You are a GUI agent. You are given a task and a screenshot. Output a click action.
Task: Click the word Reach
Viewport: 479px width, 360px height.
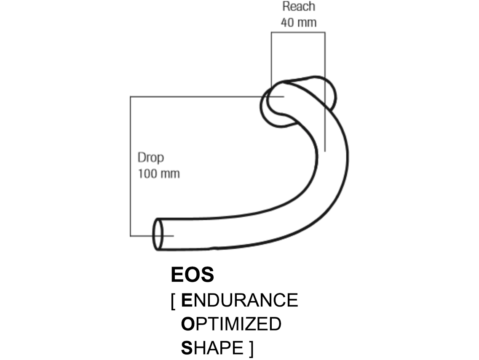tap(298, 7)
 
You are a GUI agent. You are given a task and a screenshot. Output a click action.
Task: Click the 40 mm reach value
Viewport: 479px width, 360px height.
tap(298, 22)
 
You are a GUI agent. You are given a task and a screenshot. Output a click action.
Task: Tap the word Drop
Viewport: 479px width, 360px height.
tap(150, 158)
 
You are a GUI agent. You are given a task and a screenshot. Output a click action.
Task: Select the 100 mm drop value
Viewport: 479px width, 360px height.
tap(159, 173)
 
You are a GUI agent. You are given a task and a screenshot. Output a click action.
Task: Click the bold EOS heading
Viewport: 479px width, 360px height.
tap(192, 275)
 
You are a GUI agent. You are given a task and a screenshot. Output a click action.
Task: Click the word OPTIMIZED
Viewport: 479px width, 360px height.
tap(231, 324)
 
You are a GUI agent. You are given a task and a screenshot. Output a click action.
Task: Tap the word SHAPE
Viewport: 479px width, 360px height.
tap(212, 348)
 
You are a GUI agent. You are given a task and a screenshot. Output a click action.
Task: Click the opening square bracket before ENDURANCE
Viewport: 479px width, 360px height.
tap(173, 301)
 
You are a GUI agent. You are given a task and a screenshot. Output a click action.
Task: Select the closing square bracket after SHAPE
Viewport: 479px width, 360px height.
tap(251, 349)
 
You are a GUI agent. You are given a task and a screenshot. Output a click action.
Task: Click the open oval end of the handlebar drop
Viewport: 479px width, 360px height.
tap(158, 234)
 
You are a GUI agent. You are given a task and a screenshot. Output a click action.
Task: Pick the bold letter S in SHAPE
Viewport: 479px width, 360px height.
tap(186, 348)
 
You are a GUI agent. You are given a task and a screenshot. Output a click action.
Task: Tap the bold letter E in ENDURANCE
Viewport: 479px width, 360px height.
tap(186, 300)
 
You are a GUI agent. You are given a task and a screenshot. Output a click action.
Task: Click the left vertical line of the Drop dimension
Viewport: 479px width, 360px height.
tap(130, 168)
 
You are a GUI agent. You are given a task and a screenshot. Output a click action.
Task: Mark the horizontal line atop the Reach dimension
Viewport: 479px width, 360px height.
tap(298, 33)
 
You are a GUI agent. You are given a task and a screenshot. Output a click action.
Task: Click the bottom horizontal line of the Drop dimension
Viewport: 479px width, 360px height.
tap(141, 236)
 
